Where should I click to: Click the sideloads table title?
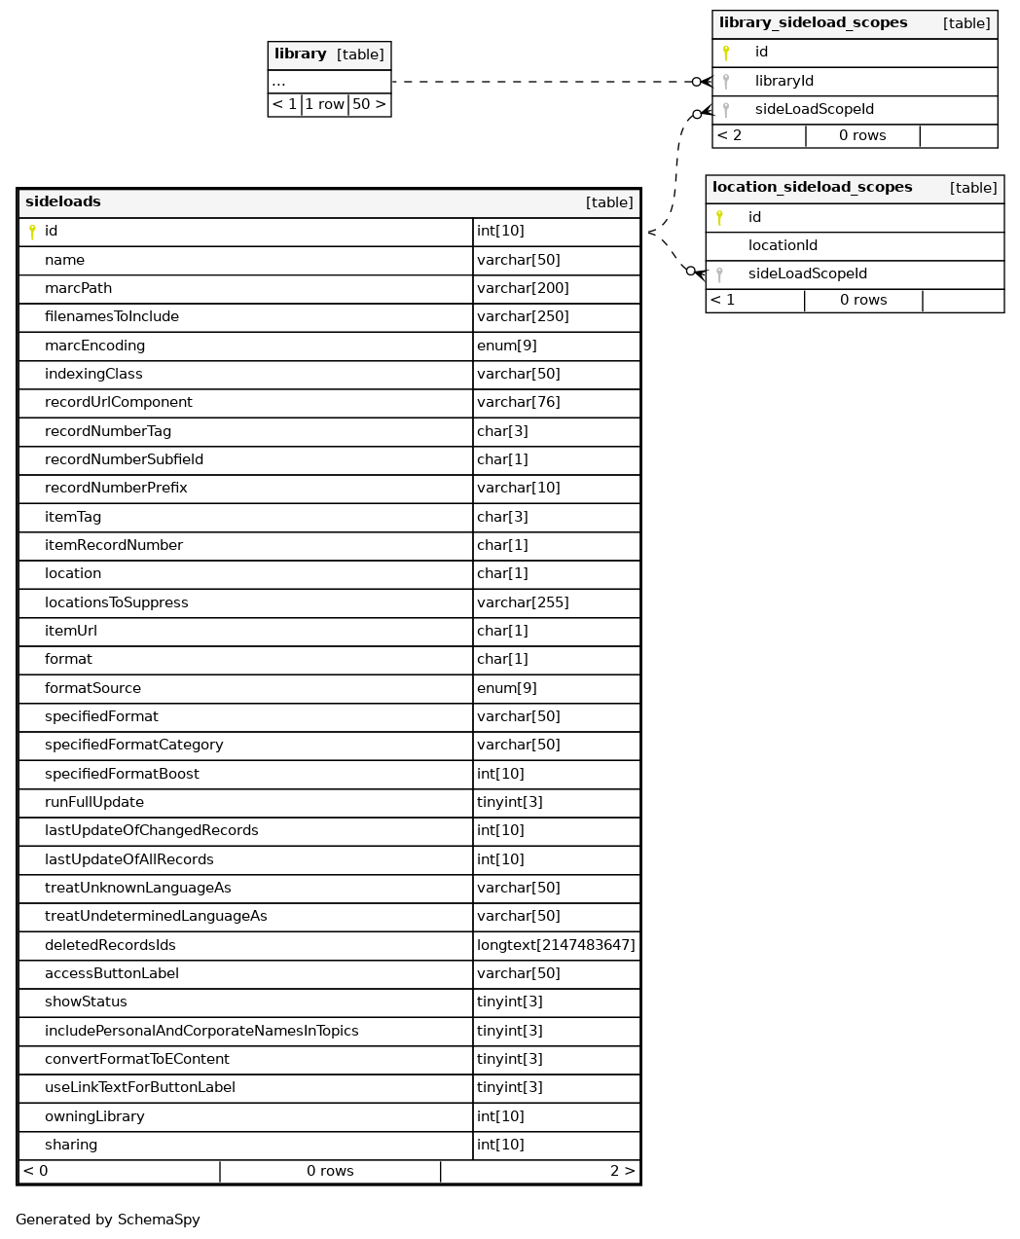(x=63, y=202)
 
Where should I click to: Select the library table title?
(x=300, y=55)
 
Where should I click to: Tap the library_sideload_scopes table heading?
(x=813, y=23)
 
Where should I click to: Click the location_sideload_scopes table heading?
(x=812, y=188)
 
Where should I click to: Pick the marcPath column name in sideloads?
(x=78, y=288)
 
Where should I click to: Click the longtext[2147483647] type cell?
(x=556, y=945)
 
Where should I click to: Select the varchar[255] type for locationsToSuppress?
(x=523, y=602)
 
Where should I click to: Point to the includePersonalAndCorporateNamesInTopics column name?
(x=201, y=1031)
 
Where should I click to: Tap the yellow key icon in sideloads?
(x=32, y=232)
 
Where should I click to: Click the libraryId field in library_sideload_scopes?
(x=783, y=81)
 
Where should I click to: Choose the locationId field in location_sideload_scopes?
(x=783, y=245)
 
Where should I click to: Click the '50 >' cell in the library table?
(x=369, y=104)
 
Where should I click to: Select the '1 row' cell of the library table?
(x=324, y=104)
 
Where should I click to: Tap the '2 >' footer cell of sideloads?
(x=623, y=1171)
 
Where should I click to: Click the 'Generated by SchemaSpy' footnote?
(x=108, y=1220)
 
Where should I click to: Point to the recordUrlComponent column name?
(x=118, y=402)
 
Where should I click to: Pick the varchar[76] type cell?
(x=518, y=402)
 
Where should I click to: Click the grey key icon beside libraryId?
(x=726, y=82)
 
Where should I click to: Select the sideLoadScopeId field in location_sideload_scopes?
(x=807, y=273)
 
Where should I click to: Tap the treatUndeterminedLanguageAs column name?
(x=156, y=916)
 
